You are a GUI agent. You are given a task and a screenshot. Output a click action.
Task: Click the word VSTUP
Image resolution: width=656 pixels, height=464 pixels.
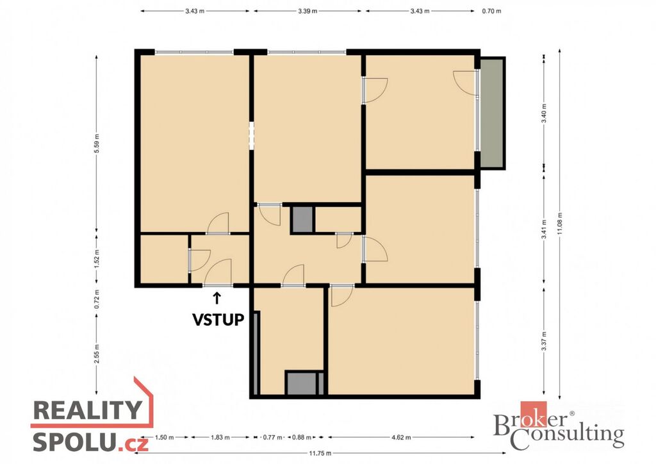218,320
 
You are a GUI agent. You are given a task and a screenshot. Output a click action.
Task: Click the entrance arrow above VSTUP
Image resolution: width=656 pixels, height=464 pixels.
217,298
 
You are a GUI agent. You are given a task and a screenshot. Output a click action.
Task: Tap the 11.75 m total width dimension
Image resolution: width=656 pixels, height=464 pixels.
320,453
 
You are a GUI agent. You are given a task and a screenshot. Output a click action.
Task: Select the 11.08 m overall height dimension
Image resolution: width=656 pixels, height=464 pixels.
560,224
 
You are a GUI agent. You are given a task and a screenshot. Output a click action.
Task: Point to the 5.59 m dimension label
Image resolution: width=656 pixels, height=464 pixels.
97,144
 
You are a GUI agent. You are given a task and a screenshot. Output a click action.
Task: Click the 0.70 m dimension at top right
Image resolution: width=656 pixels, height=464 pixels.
491,11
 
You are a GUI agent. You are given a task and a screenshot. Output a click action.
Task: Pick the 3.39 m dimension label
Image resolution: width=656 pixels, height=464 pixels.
307,11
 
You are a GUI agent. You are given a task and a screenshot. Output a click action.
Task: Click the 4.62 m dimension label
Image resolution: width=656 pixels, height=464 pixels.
401,438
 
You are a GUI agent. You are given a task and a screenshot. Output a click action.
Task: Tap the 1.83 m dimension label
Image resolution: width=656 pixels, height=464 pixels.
220,438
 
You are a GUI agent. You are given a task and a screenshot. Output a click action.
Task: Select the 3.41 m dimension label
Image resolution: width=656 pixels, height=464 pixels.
544,229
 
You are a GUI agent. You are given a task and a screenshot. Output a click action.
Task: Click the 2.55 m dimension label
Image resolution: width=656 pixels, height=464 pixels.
97,354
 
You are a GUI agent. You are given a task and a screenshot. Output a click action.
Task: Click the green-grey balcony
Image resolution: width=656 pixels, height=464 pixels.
493,113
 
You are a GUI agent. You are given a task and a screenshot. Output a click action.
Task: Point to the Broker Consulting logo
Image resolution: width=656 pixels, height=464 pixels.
559,426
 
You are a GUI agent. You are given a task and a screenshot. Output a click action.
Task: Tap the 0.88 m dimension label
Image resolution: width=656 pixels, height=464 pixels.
302,438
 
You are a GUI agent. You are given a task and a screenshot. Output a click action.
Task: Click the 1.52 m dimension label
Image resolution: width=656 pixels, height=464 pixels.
97,259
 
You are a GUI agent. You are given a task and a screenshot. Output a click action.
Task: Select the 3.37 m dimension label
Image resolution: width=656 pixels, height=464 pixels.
544,342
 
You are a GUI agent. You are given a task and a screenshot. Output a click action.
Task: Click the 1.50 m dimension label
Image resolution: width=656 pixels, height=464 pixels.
164,438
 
